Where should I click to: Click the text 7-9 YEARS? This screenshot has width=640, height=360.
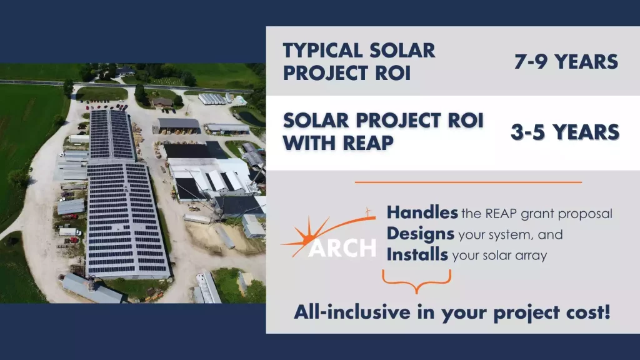(566, 62)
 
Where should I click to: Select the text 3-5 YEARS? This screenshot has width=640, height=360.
(565, 132)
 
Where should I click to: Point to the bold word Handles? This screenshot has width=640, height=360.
(422, 212)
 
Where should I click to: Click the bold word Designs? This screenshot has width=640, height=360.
(421, 234)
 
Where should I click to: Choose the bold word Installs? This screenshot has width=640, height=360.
(417, 255)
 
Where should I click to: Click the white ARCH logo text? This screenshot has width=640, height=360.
(342, 247)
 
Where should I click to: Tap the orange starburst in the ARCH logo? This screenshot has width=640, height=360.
(305, 237)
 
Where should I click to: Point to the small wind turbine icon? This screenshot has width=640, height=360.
(368, 212)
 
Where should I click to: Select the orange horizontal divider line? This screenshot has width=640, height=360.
(468, 182)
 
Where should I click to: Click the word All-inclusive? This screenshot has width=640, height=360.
(352, 312)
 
